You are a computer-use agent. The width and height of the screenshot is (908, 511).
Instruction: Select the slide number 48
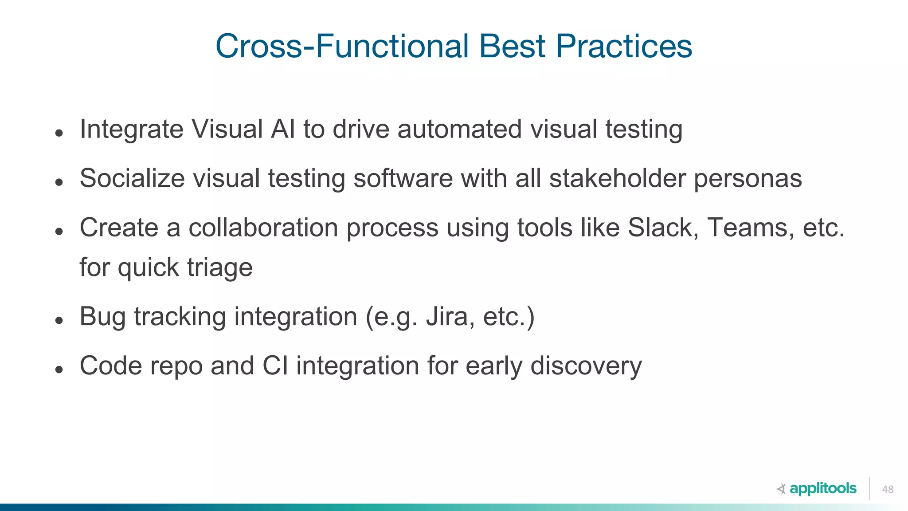[x=888, y=489]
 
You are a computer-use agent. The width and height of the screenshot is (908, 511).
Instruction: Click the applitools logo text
[x=823, y=488]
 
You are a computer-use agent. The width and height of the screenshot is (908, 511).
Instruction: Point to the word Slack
[x=663, y=228]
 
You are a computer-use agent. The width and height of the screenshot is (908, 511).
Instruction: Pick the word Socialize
[x=132, y=178]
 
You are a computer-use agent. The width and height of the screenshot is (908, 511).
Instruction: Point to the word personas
[x=748, y=179]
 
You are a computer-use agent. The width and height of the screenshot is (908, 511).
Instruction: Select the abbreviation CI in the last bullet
[x=275, y=366]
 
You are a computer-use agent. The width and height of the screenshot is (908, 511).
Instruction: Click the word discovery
[x=586, y=367]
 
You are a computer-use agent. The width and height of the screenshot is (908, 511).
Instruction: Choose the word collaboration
[x=263, y=228]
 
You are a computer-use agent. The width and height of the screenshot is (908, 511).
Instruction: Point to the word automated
[x=459, y=129]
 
